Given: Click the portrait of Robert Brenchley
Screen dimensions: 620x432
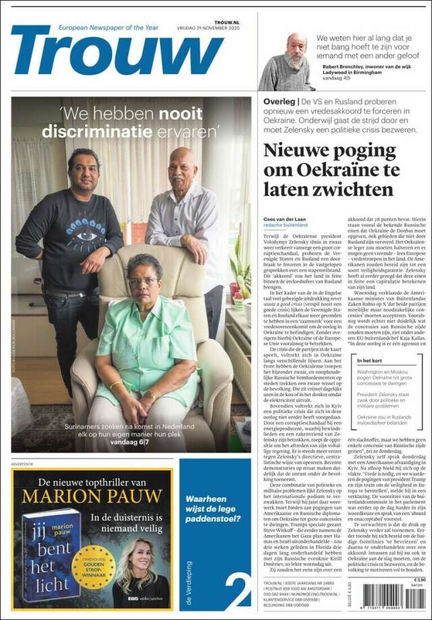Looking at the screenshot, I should [x=288, y=61].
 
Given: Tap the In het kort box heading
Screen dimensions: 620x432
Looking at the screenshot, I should [x=373, y=361].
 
